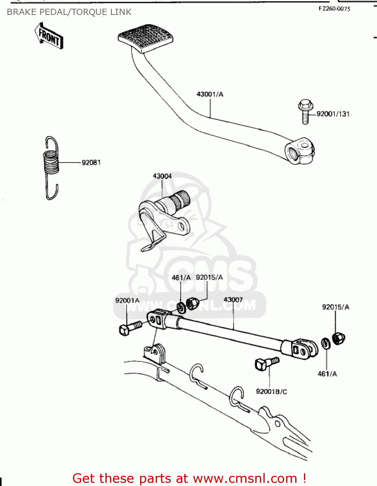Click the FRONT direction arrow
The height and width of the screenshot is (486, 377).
pos(49,36)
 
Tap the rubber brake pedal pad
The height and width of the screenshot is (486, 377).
pos(145,37)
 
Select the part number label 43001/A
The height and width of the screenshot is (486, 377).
pos(210,94)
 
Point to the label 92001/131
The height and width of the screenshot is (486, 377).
pos(333,114)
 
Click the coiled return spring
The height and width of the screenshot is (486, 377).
pos(52,162)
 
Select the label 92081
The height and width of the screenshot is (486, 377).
pos(91,162)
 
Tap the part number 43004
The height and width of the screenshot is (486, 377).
pos(162,176)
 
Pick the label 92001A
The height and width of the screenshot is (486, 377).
pos(127,300)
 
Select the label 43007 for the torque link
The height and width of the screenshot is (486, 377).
pos(233,300)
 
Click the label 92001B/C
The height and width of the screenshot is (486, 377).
pos(272,391)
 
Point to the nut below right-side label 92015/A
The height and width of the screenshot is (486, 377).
pos(338,338)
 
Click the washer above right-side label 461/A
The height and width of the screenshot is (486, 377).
pos(326,343)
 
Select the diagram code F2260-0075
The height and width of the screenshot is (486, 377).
pos(334,9)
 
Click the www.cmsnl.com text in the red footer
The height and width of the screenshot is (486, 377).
pos(245,478)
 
